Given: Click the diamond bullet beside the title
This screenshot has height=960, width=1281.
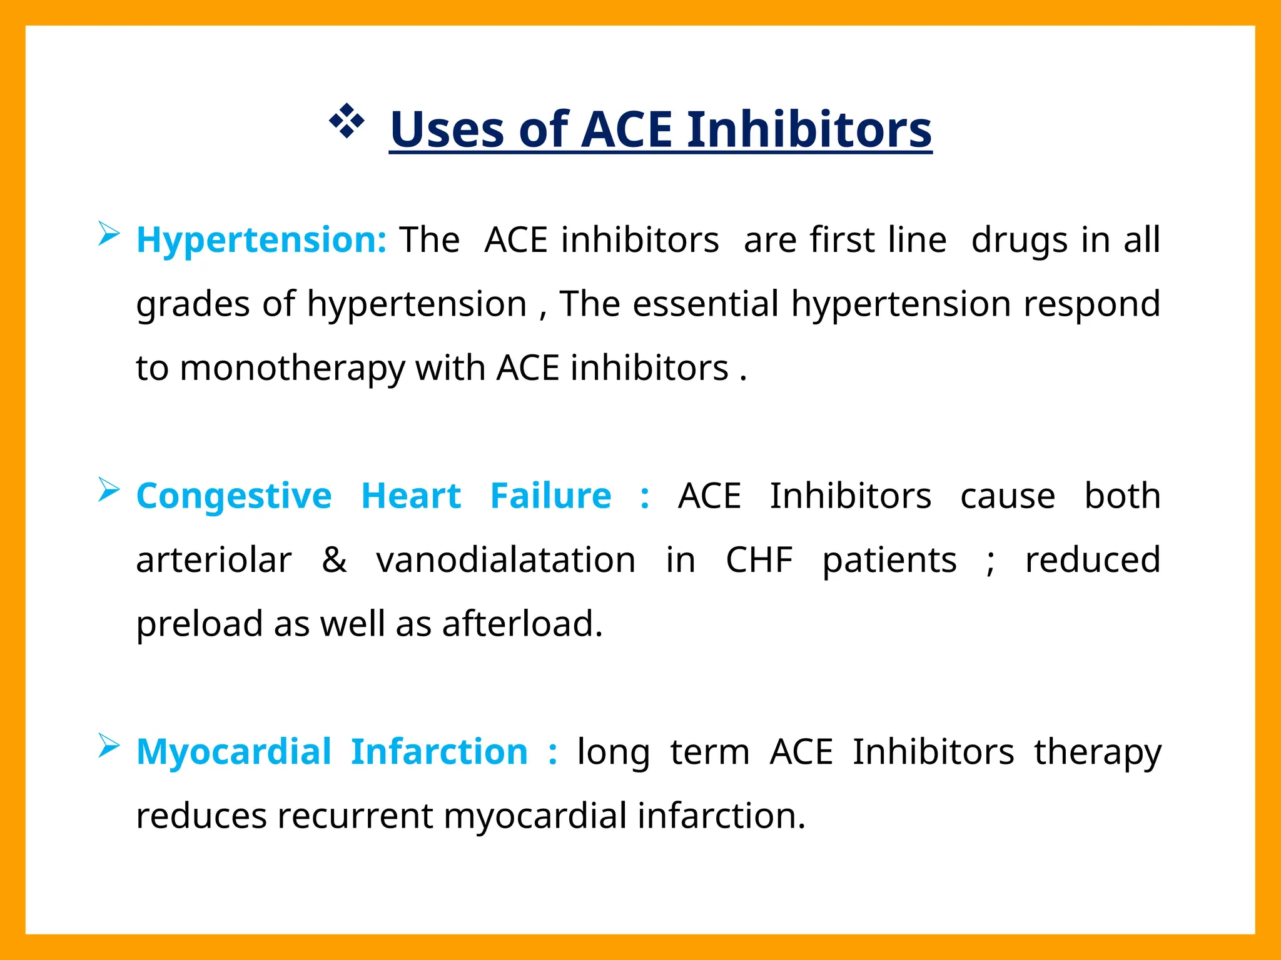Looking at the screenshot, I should pyautogui.click(x=346, y=121).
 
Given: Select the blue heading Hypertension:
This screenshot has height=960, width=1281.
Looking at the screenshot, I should pyautogui.click(x=261, y=239).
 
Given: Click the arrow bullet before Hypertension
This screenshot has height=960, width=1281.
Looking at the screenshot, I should pyautogui.click(x=108, y=234).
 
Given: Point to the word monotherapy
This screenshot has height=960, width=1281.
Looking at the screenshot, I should pyautogui.click(x=292, y=368).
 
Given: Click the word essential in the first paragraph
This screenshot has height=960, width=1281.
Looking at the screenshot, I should pyautogui.click(x=705, y=304).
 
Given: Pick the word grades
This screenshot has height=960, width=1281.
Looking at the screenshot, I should pyautogui.click(x=193, y=305).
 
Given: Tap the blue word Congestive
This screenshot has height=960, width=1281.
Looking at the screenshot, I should pyautogui.click(x=234, y=496).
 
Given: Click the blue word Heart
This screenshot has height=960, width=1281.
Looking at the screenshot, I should pyautogui.click(x=411, y=496).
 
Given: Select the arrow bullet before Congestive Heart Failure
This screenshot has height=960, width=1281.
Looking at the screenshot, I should pyautogui.click(x=108, y=490).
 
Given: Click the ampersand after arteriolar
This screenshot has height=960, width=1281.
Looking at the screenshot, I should pyautogui.click(x=334, y=559).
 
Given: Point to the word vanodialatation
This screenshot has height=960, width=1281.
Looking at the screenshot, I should pyautogui.click(x=505, y=559).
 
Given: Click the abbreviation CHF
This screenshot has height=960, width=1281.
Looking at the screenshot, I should pyautogui.click(x=759, y=559).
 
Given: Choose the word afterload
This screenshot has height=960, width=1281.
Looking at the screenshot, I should pyautogui.click(x=522, y=624).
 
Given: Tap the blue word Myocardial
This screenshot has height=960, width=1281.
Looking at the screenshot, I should pyautogui.click(x=234, y=752).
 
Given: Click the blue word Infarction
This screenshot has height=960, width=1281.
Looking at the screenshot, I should pyautogui.click(x=439, y=752).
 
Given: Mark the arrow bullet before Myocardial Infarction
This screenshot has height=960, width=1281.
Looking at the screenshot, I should pyautogui.click(x=108, y=746).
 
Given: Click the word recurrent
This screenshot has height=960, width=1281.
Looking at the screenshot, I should pyautogui.click(x=355, y=816).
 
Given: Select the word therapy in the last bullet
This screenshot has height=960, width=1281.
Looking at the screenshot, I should pyautogui.click(x=1098, y=753).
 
